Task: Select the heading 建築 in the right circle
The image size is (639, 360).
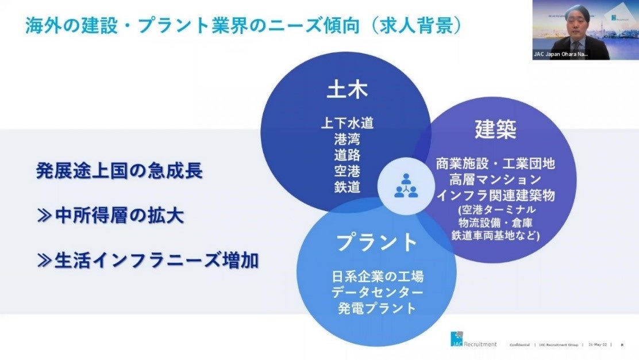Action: tap(495, 129)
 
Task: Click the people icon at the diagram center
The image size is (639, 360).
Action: tap(406, 185)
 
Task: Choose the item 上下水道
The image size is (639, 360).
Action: tap(347, 122)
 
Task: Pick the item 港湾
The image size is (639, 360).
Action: tap(347, 139)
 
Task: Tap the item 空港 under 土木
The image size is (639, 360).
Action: tap(347, 171)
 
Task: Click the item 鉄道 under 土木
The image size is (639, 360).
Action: tap(347, 187)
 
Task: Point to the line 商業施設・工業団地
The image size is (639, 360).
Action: tap(495, 163)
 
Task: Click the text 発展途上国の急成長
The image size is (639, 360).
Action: tap(119, 171)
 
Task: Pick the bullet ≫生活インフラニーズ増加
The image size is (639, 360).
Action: tap(147, 261)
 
